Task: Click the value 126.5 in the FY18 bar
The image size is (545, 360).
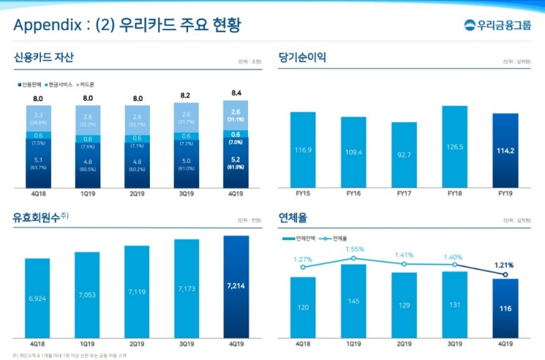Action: coord(454,146)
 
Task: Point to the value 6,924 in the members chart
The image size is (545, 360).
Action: coord(37,299)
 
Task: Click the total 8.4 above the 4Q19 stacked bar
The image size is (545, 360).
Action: coord(236,93)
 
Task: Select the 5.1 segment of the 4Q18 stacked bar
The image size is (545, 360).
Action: coord(39,164)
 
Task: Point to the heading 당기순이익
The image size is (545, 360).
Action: coord(302,58)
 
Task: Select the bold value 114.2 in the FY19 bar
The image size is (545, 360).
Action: coord(505,150)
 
